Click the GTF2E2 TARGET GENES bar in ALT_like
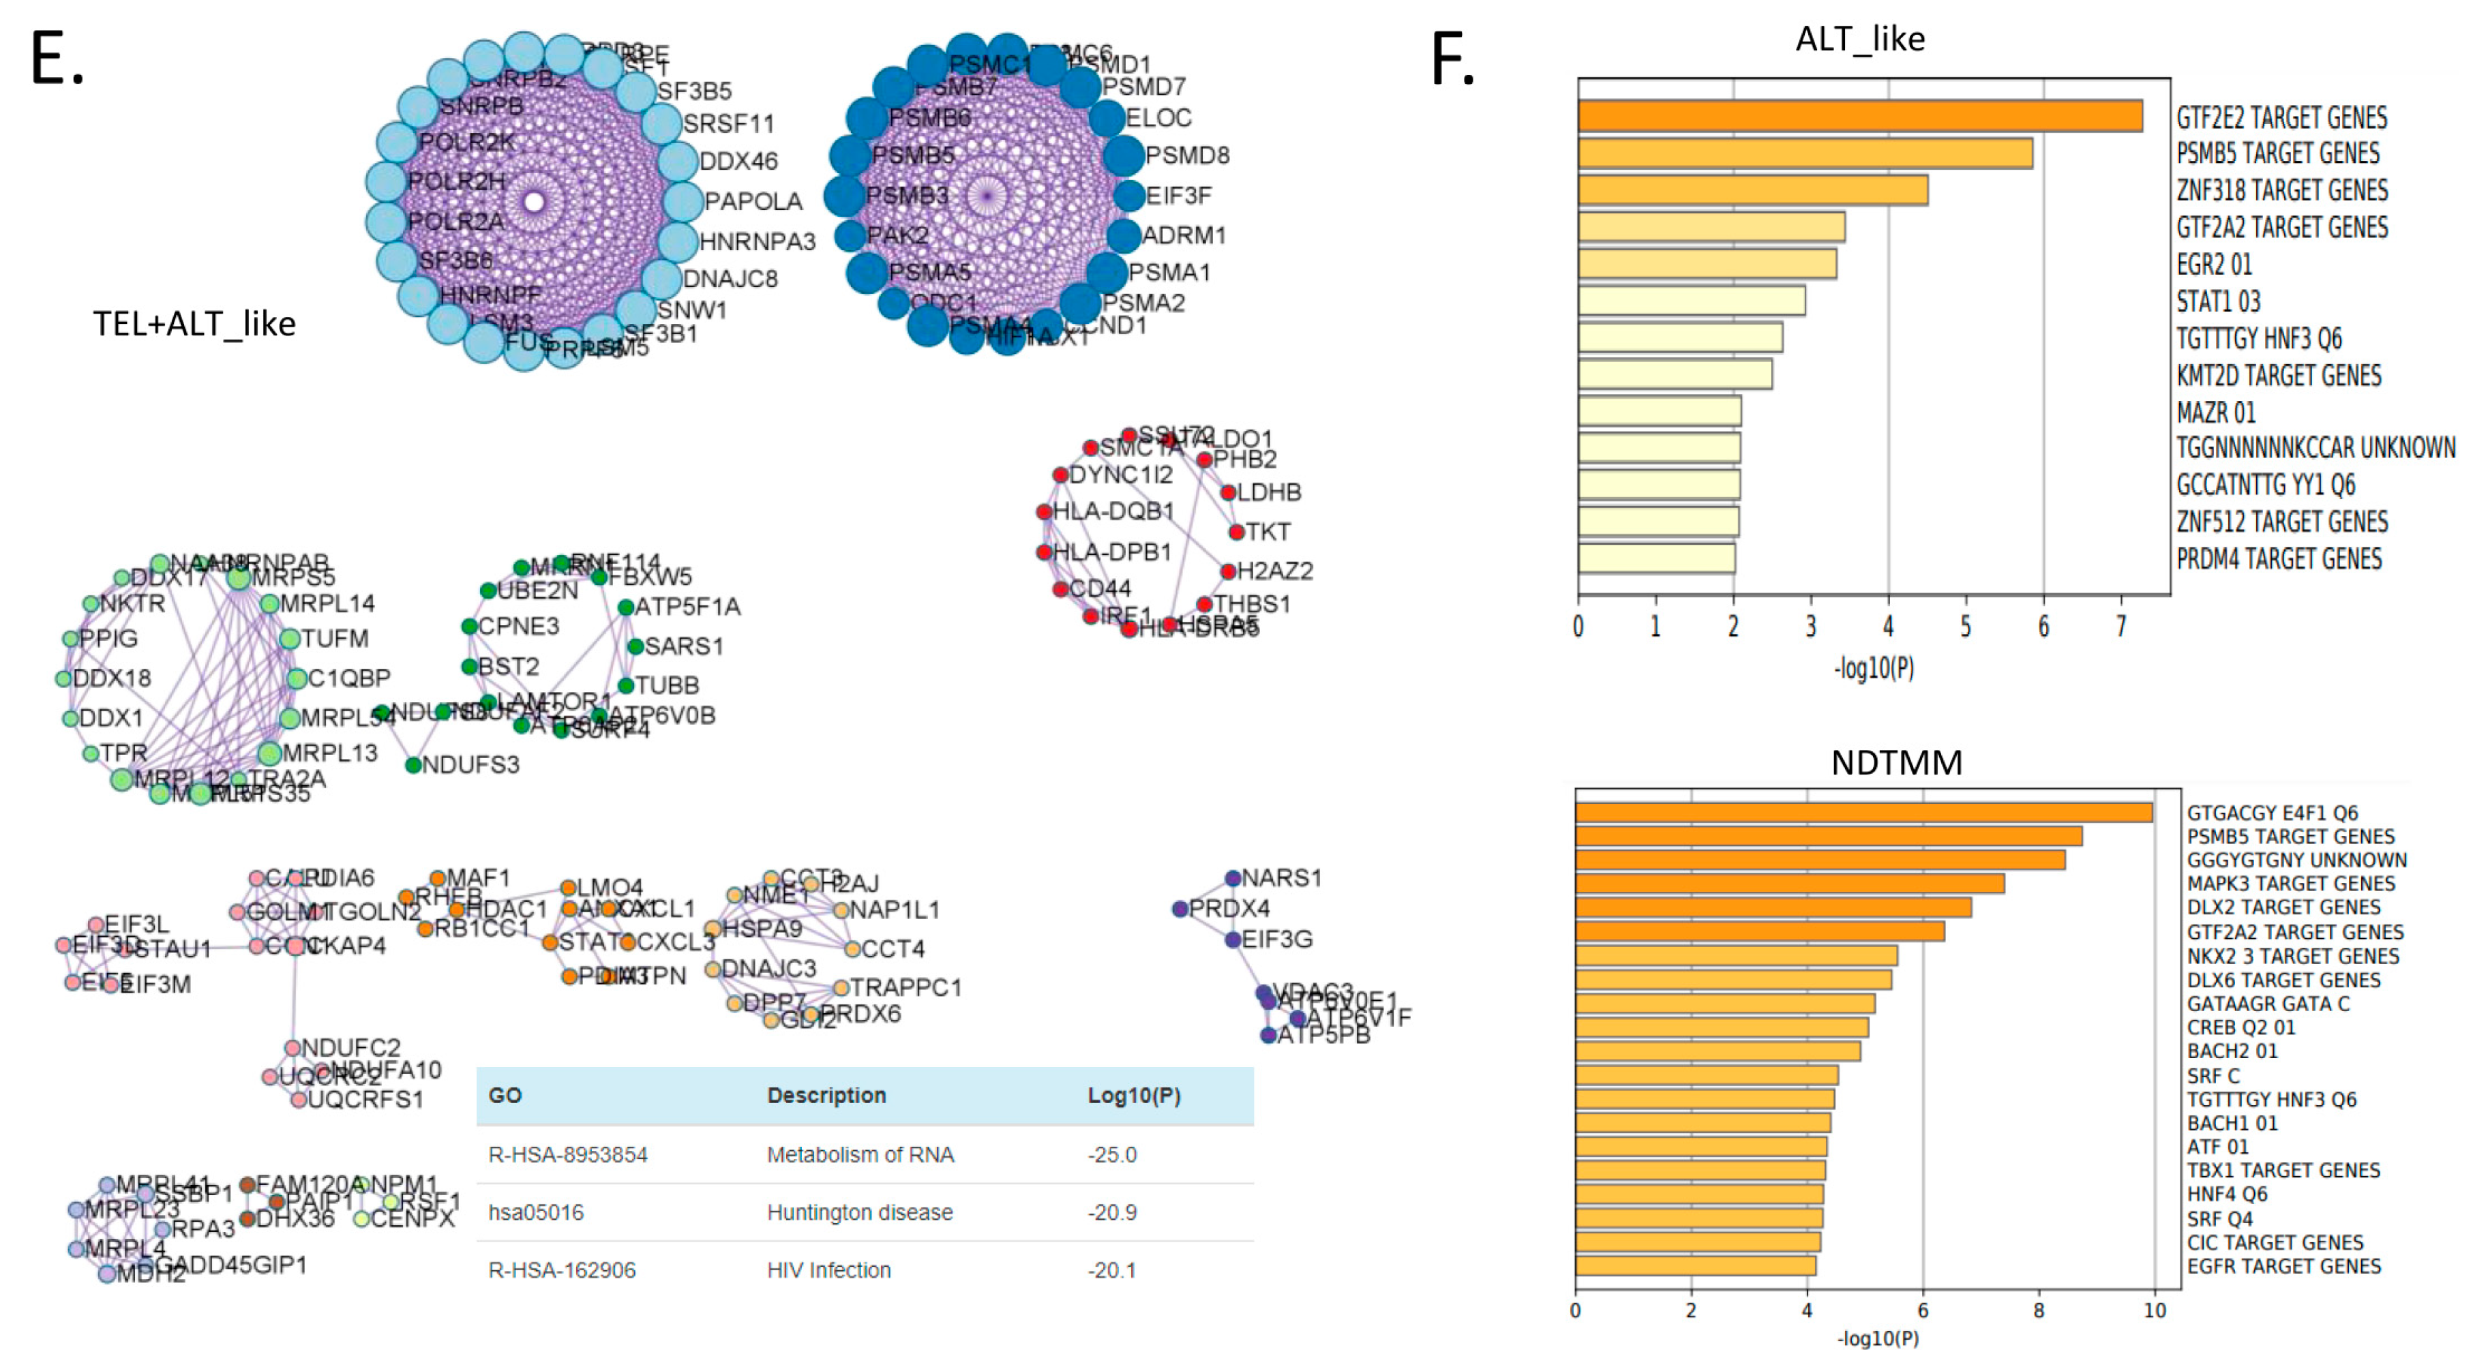tap(1859, 116)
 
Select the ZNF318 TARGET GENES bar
tap(1752, 190)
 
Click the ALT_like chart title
tap(1859, 38)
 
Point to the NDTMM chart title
tap(1896, 762)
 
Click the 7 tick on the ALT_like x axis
tap(2120, 627)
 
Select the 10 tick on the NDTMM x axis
tap(2155, 1310)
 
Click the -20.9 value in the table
tap(1111, 1212)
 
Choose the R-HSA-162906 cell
tap(562, 1270)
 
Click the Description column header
tap(826, 1096)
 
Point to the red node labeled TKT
tap(1237, 532)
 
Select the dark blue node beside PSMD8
tap(1123, 155)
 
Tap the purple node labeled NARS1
tap(1233, 878)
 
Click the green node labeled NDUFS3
tap(413, 765)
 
